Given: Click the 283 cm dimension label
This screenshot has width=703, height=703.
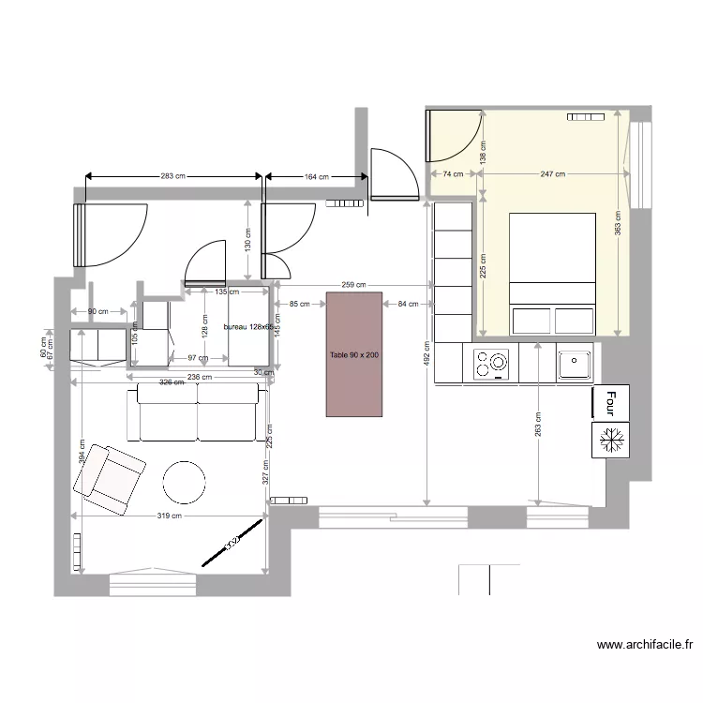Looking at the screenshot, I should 173,175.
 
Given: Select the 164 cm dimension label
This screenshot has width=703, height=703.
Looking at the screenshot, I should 317,176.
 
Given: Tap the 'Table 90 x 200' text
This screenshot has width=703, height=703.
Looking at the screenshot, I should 354,356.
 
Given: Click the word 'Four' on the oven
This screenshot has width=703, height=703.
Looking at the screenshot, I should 610,402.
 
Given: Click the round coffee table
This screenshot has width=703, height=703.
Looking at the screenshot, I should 184,482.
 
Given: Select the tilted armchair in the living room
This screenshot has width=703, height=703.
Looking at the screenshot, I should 110,479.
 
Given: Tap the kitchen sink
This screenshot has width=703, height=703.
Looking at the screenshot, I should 573,363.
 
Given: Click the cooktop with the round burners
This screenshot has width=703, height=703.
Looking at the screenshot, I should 491,364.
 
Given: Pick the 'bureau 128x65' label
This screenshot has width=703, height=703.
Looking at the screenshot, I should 247,327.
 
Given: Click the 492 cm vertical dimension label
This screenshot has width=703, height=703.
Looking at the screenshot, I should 426,358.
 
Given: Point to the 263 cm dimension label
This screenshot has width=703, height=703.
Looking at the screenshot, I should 538,424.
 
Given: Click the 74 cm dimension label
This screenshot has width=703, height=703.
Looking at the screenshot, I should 454,174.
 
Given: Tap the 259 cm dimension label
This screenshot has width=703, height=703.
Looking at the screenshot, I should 353,284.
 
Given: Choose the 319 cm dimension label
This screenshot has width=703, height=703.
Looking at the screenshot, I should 169,516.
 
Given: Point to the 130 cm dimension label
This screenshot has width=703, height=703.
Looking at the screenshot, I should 247,240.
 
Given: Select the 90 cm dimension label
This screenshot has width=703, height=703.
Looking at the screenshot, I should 97,311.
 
